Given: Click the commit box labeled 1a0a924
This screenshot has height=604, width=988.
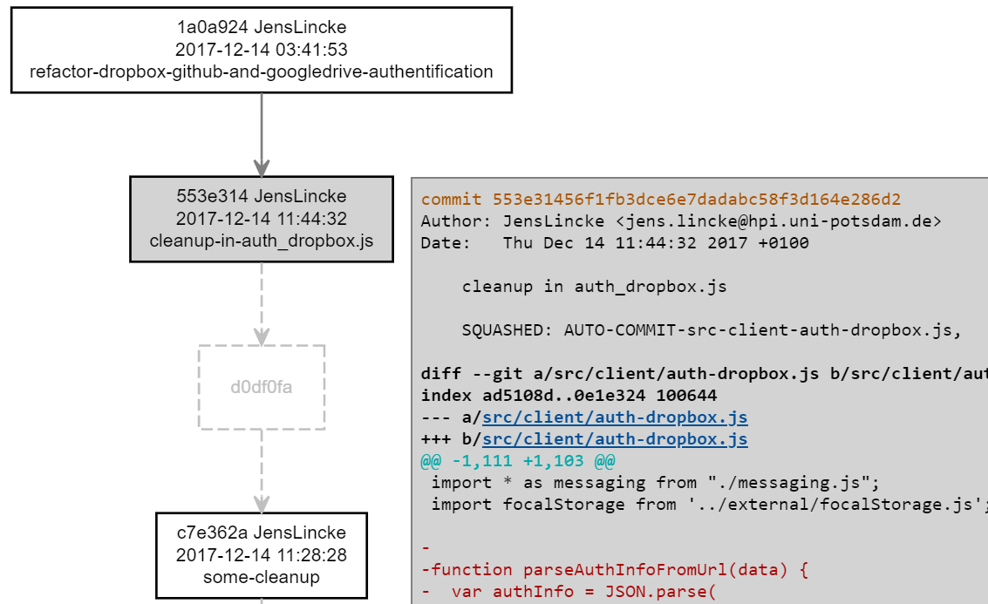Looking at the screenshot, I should (261, 50).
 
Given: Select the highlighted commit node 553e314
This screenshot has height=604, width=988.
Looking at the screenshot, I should (261, 219).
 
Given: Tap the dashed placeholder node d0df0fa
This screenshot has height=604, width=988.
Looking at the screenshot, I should (261, 387).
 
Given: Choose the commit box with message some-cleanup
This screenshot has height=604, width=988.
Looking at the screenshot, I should (261, 555).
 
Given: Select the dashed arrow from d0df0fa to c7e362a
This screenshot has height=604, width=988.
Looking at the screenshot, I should (261, 471).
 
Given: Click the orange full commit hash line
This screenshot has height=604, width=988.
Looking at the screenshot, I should (660, 200).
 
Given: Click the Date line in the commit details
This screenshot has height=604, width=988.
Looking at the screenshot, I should (614, 243).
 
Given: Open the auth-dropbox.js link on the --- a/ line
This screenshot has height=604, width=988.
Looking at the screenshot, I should (615, 417).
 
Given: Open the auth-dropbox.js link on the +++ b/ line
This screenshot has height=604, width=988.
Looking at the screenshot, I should (615, 439).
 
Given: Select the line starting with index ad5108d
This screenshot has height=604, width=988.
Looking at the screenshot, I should (569, 396).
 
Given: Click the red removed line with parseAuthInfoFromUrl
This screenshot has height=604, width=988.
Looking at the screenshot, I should (615, 570).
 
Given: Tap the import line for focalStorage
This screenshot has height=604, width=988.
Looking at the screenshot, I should (706, 505).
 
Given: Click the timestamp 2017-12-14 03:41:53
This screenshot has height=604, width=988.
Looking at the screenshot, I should (261, 50).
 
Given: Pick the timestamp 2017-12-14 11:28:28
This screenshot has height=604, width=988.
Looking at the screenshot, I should (261, 555).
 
